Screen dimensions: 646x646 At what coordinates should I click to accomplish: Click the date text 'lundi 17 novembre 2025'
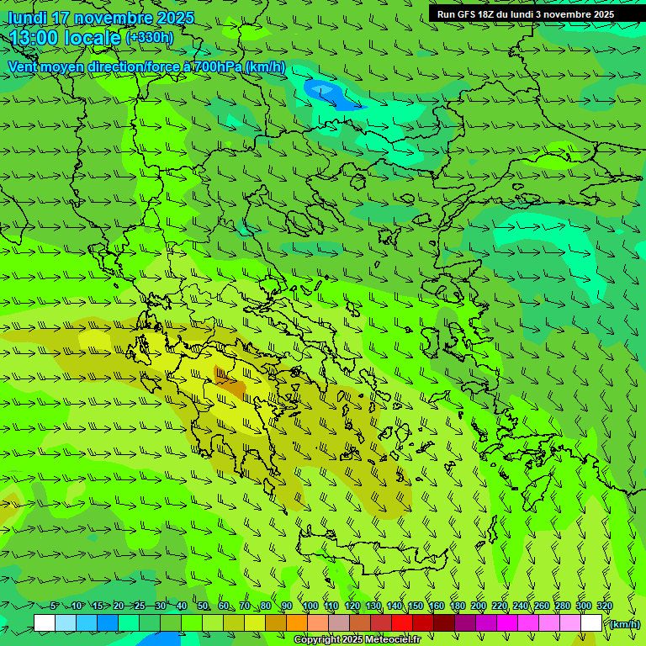point(101,18)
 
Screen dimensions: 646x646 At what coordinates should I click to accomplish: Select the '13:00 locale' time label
point(65,38)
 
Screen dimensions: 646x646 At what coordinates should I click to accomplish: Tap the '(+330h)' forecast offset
point(150,38)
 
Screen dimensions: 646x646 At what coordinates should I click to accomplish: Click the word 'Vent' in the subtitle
point(23,66)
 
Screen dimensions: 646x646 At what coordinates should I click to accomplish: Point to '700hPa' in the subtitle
point(217,66)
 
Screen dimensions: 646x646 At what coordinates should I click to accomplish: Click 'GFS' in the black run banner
point(463,14)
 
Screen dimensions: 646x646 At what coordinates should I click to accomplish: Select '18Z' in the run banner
point(487,14)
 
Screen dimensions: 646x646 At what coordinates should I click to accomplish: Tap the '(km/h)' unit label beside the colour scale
point(624,624)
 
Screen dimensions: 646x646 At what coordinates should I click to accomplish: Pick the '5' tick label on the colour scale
point(55,606)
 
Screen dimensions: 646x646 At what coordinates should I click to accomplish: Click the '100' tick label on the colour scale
point(310,606)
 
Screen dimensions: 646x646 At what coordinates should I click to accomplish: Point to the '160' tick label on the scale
point(437,606)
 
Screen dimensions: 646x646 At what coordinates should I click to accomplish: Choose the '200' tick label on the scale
point(479,606)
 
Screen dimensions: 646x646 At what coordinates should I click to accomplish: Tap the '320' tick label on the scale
point(604,606)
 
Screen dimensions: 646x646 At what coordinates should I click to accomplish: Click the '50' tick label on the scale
point(203,606)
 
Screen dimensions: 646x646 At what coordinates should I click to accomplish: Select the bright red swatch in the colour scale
point(401,623)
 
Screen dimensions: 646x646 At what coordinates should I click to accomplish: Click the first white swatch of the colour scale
point(45,623)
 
